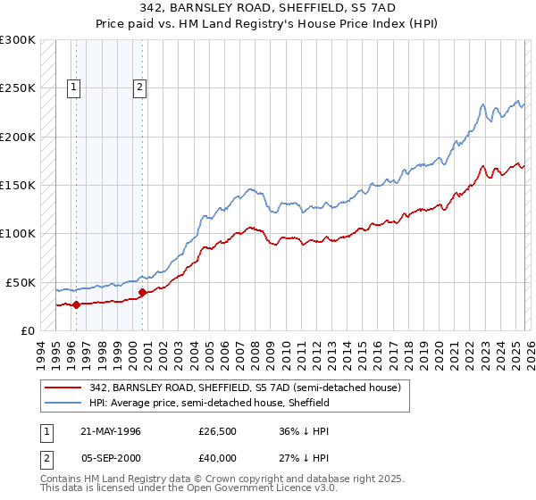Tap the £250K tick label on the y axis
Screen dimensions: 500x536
pyautogui.click(x=17, y=88)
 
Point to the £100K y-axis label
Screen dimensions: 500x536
pyautogui.click(x=17, y=234)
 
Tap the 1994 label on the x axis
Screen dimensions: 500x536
pyautogui.click(x=40, y=353)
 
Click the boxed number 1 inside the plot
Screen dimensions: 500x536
pyautogui.click(x=73, y=87)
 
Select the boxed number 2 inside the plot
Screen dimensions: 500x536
pyautogui.click(x=141, y=87)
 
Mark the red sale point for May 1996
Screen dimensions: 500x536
pyautogui.click(x=76, y=304)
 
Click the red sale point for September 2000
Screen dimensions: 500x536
pyautogui.click(x=142, y=292)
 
